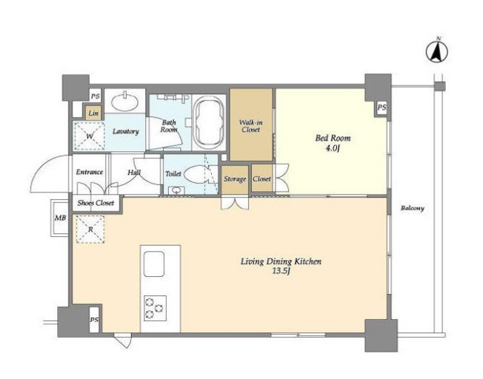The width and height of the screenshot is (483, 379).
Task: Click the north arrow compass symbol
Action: tap(437, 51)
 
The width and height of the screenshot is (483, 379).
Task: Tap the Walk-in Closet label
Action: tap(251, 126)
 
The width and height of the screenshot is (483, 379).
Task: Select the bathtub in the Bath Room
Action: tap(209, 123)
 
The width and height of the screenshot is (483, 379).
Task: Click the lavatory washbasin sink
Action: tap(124, 101)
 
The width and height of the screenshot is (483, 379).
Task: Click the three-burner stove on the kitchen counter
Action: tap(155, 308)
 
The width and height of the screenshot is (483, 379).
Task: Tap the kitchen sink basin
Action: tap(154, 264)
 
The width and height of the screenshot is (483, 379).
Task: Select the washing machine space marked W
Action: tap(90, 136)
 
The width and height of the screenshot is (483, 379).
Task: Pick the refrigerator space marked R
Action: tap(90, 229)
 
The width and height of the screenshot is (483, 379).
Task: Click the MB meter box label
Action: tap(61, 218)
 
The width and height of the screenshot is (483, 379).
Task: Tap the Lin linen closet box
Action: tap(93, 113)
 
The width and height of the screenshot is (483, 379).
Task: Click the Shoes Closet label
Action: tap(96, 203)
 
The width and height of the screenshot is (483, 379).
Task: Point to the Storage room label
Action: tap(235, 179)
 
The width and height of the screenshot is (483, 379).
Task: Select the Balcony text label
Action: tap(413, 209)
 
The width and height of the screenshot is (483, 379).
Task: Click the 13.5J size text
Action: tap(282, 272)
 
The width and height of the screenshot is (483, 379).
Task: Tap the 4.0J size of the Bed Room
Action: tap(333, 148)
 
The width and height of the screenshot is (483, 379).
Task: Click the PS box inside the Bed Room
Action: tap(382, 108)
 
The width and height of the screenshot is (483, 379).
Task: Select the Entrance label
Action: tap(90, 172)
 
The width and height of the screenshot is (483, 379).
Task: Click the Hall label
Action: tap(134, 172)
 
